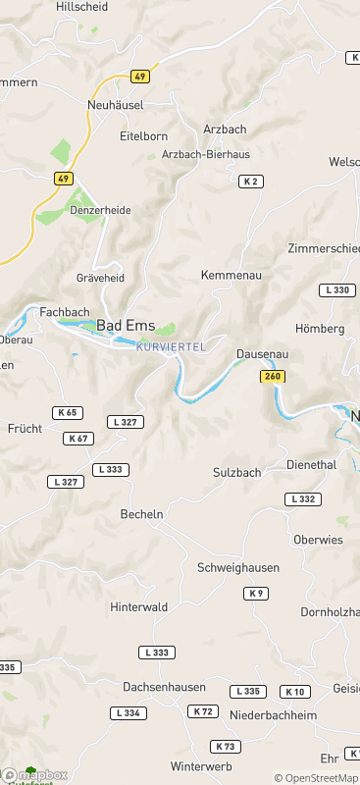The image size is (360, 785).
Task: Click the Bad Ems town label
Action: point(123,326)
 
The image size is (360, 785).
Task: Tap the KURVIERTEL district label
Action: point(171,347)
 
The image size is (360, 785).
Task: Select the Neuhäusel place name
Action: point(116,104)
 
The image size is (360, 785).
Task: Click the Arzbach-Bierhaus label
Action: point(205,154)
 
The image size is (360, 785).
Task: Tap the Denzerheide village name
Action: point(98,210)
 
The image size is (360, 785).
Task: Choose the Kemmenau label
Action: point(231,275)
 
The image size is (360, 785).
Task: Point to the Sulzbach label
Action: point(237,472)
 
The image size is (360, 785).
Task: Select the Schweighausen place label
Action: point(238,567)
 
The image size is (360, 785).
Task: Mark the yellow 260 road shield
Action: point(273,377)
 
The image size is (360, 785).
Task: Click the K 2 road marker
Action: point(251,181)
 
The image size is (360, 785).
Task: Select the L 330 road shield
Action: point(337,289)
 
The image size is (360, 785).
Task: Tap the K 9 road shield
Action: point(256,593)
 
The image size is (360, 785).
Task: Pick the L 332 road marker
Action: point(303,499)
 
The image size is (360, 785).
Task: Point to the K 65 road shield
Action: point(69,413)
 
